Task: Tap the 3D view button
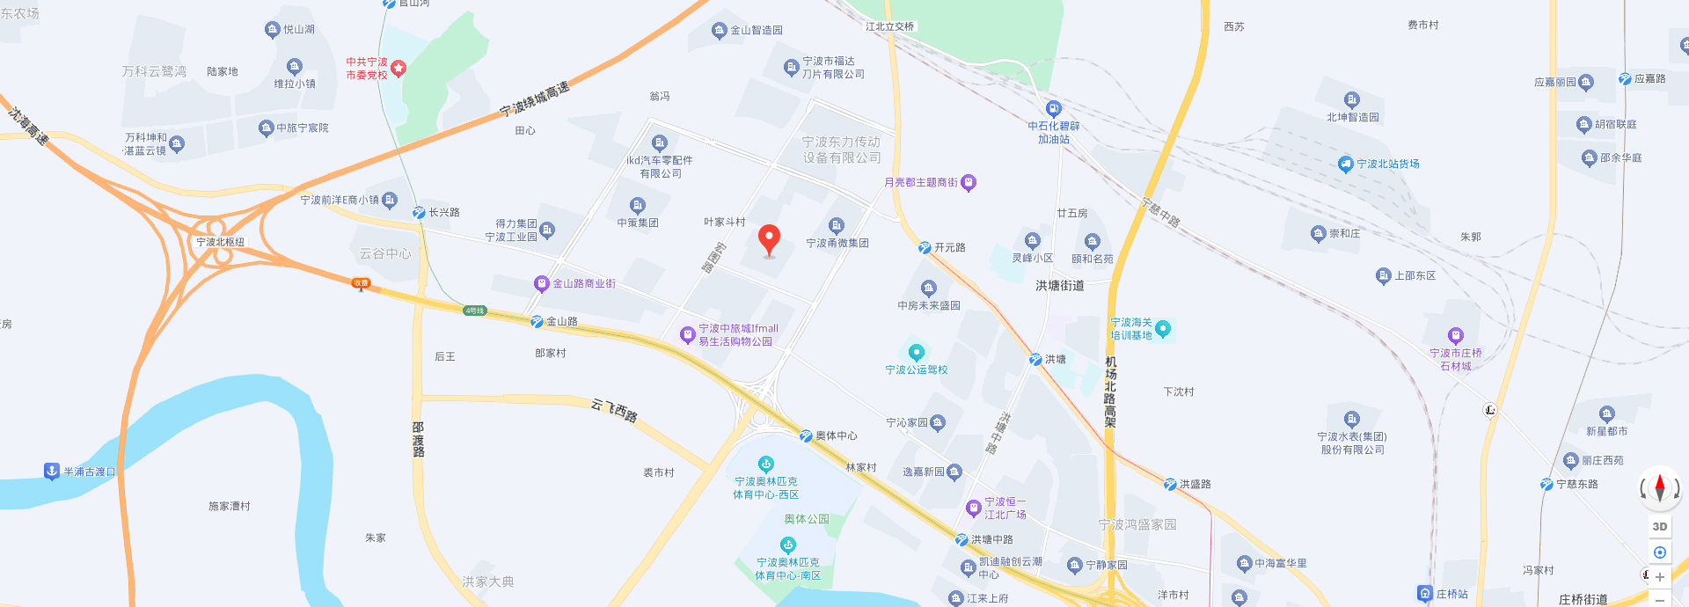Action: (1659, 527)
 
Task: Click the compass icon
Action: (1659, 487)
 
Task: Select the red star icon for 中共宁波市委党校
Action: (398, 68)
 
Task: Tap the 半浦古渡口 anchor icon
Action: (52, 472)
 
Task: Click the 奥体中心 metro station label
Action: (836, 435)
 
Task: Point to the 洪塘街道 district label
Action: (1059, 285)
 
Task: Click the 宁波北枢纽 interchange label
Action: (220, 242)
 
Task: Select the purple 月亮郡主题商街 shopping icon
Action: (969, 183)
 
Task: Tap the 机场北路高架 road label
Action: (1110, 391)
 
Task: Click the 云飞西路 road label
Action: (614, 410)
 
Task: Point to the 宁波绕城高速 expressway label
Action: (534, 99)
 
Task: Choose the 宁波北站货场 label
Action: (1387, 164)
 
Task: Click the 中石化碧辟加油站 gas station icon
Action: (1053, 109)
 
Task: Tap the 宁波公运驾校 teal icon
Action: (917, 352)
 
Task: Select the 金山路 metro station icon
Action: (537, 322)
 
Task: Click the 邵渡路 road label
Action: (419, 439)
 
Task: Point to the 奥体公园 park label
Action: (807, 519)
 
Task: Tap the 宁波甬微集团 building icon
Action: (837, 226)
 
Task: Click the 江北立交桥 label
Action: (889, 26)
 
